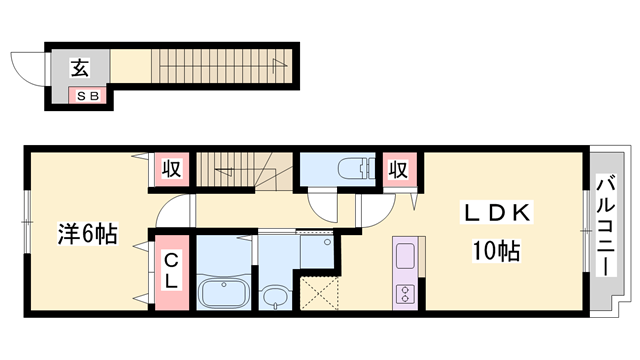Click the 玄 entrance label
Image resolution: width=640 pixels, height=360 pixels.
pos(80,68)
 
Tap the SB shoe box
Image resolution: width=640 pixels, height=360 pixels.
pos(88,96)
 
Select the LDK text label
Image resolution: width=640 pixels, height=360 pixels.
pos(497,212)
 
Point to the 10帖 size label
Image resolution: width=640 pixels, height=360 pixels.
pos(496,251)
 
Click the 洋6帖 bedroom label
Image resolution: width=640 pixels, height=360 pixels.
pos(87,233)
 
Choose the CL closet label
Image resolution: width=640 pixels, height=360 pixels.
pos(171,271)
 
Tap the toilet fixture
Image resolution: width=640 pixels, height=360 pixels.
pos(357,168)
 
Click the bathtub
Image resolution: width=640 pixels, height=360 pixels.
pos(224,292)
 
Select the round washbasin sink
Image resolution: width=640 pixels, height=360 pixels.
pos(276,297)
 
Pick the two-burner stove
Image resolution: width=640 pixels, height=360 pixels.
pos(405,294)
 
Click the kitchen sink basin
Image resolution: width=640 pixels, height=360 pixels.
pos(405,256)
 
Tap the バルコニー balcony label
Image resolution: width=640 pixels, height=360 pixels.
pos(606,225)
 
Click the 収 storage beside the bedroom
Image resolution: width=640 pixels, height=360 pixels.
pos(171,169)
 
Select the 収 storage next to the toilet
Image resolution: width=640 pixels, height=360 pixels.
pos(398,169)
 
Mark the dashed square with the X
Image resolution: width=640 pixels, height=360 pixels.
pos(319,293)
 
